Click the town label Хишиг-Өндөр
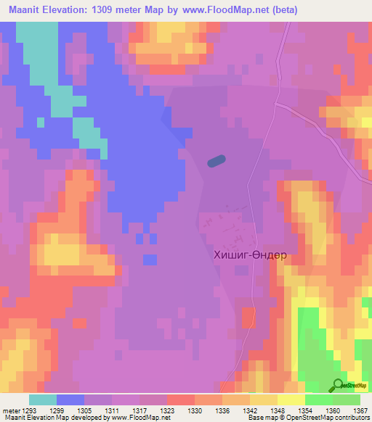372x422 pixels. click(x=250, y=255)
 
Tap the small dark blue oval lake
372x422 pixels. click(x=216, y=162)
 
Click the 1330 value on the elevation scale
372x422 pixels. click(x=195, y=410)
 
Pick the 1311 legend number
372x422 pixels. click(x=112, y=410)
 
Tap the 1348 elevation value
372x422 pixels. click(x=278, y=410)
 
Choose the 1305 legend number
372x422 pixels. click(x=84, y=410)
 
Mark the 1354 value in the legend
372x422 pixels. click(x=305, y=410)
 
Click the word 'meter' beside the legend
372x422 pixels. click(x=7, y=410)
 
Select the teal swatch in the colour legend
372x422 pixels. click(x=43, y=400)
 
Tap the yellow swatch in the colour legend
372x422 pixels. click(x=291, y=400)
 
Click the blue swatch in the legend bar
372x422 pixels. click(x=70, y=400)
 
